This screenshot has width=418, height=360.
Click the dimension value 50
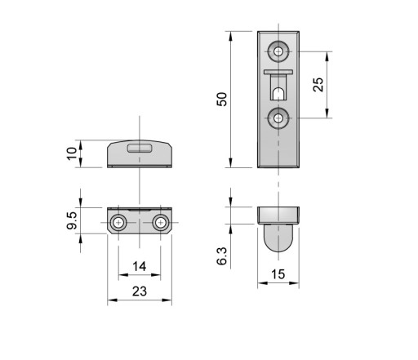(x=222, y=100)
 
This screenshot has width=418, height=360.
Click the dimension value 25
(x=318, y=85)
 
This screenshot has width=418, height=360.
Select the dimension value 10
(x=72, y=153)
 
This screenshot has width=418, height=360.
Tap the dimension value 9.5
(x=72, y=220)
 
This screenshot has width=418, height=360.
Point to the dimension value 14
(x=140, y=266)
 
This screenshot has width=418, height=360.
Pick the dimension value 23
(x=140, y=291)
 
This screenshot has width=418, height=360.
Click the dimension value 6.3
(x=222, y=256)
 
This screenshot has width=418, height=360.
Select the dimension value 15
(x=278, y=274)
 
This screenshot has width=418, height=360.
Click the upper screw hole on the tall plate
(x=278, y=51)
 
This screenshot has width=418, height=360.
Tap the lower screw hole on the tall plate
(x=278, y=118)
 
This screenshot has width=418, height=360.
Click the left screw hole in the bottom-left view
(x=118, y=223)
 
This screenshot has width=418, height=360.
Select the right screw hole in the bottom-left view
(x=161, y=223)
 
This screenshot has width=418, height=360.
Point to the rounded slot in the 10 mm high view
(x=140, y=149)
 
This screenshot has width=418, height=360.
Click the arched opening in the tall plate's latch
(x=278, y=93)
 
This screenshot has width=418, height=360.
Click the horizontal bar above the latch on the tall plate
(x=278, y=72)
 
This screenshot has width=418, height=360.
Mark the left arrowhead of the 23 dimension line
(x=112, y=300)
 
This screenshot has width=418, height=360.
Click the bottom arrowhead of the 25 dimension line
(x=327, y=113)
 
